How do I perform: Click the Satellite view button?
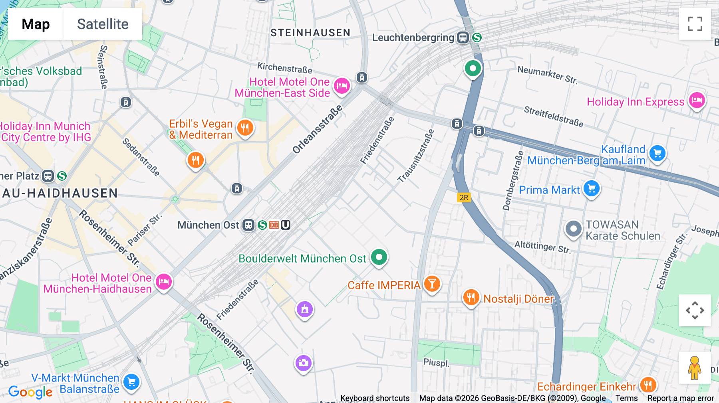click(x=103, y=24)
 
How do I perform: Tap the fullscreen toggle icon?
click(x=695, y=24)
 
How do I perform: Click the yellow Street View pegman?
click(x=695, y=368)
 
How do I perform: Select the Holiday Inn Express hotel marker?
click(x=697, y=101)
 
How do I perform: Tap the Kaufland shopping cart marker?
click(x=657, y=154)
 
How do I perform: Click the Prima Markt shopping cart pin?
click(x=592, y=189)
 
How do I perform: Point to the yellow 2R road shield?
click(x=464, y=198)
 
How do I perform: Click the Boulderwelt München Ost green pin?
click(x=379, y=257)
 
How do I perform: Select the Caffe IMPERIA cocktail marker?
click(x=432, y=284)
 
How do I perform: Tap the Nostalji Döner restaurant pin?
click(x=471, y=298)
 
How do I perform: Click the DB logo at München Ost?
click(x=274, y=225)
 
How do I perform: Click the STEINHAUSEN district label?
click(x=310, y=33)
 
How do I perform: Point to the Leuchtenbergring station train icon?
click(x=463, y=38)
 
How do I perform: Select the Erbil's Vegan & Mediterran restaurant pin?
click(x=245, y=128)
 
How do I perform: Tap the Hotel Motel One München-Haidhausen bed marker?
click(x=163, y=282)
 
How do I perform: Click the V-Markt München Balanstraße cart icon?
click(x=131, y=382)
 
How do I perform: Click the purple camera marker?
click(x=303, y=363)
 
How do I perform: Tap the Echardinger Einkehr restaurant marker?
click(x=647, y=385)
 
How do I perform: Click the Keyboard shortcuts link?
click(x=375, y=398)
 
